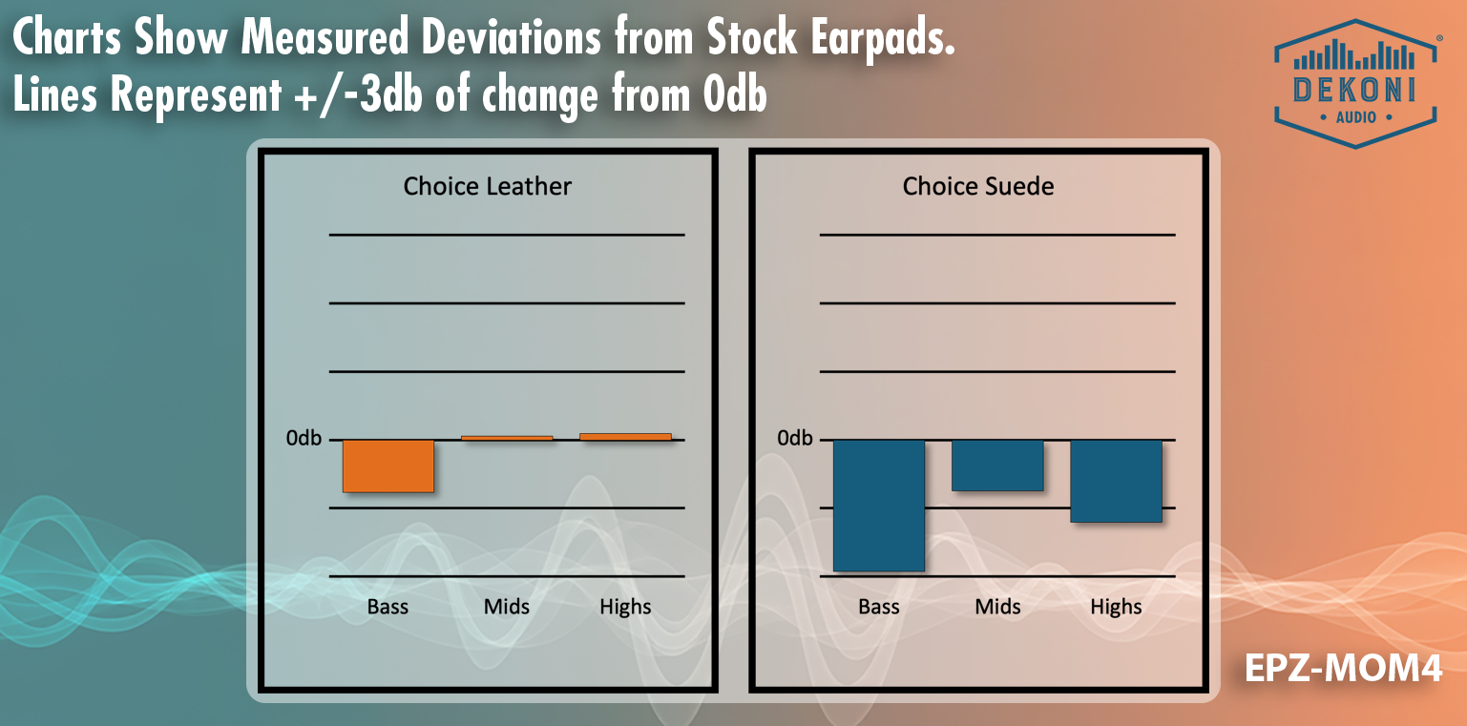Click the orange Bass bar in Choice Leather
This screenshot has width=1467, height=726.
pos(388,467)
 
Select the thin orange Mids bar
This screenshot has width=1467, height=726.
pos(507,438)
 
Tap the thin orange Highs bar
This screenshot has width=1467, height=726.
pos(625,437)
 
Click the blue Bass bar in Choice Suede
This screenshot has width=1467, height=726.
pos(879,506)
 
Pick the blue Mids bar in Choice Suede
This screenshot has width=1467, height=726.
pos(997,466)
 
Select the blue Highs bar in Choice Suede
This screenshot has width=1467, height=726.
pos(1116,481)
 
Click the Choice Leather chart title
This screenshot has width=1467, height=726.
pos(488,187)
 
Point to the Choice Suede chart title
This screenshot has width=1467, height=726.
pos(978,187)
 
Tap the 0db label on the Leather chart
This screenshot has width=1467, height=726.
pos(304,438)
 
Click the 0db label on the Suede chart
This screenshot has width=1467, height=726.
pos(795,438)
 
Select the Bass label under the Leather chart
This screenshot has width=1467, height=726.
pos(388,607)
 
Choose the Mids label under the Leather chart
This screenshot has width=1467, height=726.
pos(507,607)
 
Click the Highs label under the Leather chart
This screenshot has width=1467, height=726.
pos(625,608)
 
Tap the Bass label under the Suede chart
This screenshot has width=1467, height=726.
pos(879,607)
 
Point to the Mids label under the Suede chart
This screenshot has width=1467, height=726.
pos(997,607)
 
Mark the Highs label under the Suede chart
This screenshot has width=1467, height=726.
pos(1116,608)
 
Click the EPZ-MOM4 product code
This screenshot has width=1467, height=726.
pos(1343,669)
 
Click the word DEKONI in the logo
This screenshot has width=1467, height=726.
pos(1354,91)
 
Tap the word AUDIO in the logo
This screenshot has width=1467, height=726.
pos(1355,118)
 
